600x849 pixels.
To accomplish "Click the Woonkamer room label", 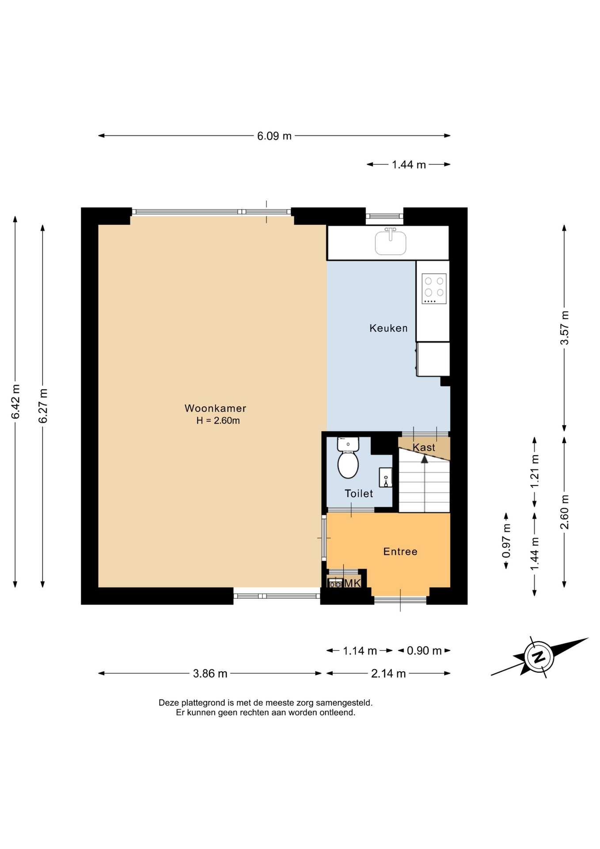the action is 215,408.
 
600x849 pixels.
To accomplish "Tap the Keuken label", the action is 388,328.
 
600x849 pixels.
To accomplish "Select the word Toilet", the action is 359,493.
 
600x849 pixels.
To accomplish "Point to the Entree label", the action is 400,551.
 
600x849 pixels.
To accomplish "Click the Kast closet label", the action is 424,447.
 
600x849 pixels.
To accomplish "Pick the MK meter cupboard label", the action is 353,583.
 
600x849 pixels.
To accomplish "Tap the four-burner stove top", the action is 434,288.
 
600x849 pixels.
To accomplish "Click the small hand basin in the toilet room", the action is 385,478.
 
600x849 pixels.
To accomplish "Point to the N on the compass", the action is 539,657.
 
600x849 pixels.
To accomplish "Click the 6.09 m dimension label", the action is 274,136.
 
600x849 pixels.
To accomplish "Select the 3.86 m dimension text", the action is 210,673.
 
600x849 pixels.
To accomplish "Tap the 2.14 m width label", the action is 388,673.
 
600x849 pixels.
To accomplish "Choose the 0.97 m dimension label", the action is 506,541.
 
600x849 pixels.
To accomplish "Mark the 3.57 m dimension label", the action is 564,328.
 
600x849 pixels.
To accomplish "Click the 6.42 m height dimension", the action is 15,402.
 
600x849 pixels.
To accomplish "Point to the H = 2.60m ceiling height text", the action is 218,421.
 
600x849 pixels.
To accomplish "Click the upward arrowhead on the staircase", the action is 425,459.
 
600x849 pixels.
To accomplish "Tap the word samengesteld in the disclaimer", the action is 344,702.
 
